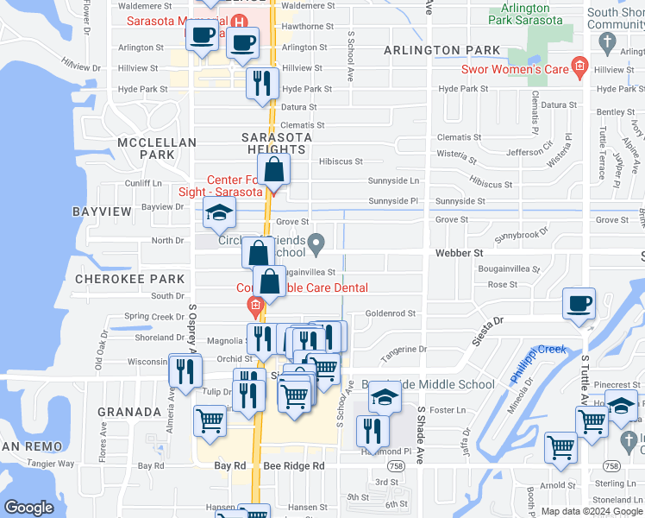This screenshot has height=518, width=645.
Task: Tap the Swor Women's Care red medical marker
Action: [580, 66]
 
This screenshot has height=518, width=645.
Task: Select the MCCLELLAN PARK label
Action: [157, 148]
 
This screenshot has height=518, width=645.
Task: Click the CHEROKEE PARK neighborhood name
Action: [130, 279]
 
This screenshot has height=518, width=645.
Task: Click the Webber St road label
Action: [458, 253]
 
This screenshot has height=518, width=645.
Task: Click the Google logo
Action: [28, 508]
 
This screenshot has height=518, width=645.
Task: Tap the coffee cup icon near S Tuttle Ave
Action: [579, 304]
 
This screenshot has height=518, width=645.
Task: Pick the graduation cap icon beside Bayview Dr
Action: [219, 212]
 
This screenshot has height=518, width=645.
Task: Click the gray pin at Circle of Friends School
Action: [317, 244]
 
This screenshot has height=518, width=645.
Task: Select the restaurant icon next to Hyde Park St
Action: [262, 85]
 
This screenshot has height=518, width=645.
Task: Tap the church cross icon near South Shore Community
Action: [608, 41]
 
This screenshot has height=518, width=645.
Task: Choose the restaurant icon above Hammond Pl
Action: [372, 429]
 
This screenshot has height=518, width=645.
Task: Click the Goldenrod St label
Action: [391, 313]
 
